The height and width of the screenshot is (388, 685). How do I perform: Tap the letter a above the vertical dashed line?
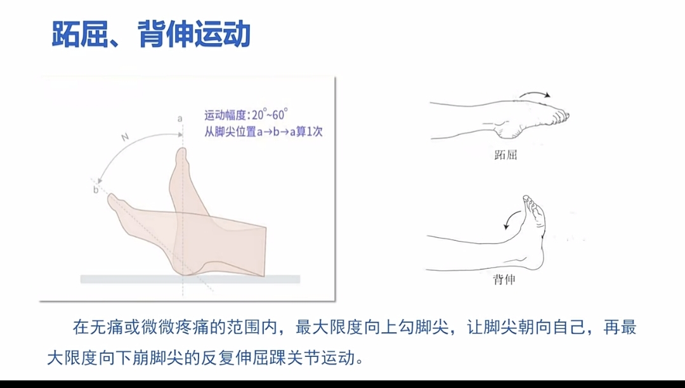(x=179, y=119)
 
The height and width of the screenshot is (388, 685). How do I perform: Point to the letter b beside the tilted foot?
(x=96, y=190)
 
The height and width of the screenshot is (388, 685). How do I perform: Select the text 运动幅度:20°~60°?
(x=246, y=115)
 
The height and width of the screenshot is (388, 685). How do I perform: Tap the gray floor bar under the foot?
(x=190, y=279)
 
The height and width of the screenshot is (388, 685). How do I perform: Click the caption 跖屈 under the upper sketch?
(x=505, y=155)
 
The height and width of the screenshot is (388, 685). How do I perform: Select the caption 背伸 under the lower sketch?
(x=504, y=280)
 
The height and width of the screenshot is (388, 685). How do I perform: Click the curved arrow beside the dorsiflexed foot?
(x=510, y=219)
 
